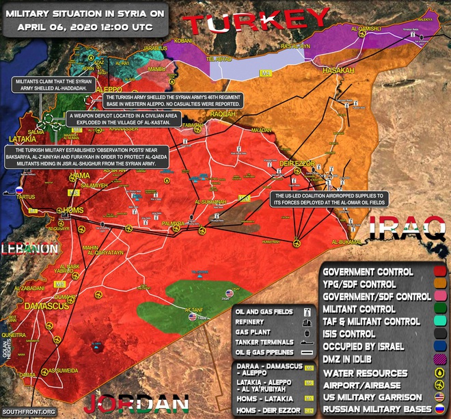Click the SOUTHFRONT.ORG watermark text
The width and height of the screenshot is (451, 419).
[x=27, y=411]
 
